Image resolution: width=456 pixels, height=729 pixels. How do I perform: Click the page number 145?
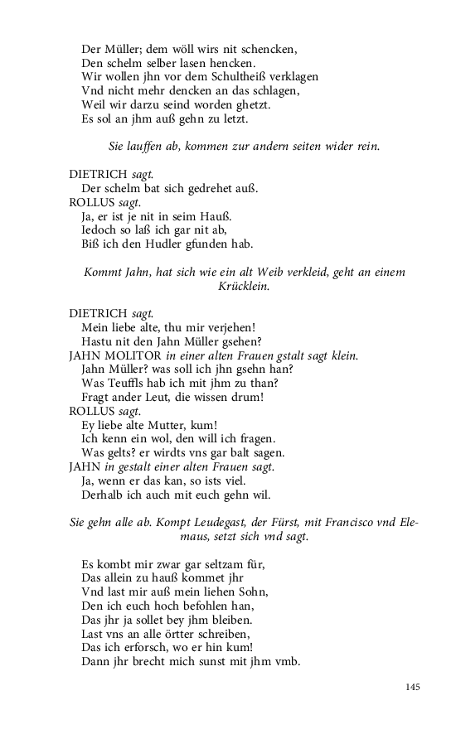(x=413, y=687)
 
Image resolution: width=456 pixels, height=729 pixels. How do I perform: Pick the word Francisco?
(x=342, y=523)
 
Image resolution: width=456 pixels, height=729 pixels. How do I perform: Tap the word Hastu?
(x=99, y=341)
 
